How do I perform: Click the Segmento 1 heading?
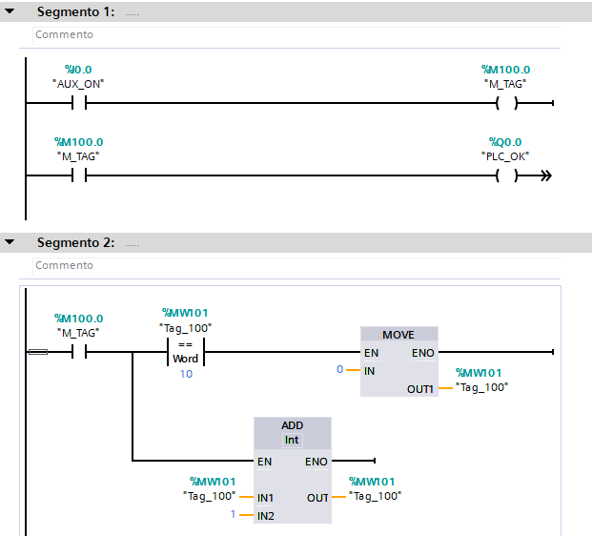coord(75,12)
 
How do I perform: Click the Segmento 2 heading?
coord(75,242)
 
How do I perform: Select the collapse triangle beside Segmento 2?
coord(10,242)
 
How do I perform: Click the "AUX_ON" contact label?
coord(78,84)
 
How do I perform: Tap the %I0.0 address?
coord(78,70)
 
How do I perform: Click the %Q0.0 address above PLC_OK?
coord(505,141)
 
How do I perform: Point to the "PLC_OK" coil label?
coord(505,155)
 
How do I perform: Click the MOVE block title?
coord(398,336)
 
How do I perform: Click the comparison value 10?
coord(186,373)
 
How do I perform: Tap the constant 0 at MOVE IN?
coord(339,369)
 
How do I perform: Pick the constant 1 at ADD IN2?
coord(232,515)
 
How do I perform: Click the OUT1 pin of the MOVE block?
coord(420,388)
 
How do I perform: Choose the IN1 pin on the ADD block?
coord(265,497)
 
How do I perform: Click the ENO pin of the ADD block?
coord(316,462)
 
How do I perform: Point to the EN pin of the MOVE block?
coord(371,352)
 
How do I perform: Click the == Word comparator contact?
coord(186,352)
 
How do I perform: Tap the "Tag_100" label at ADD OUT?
coord(376,496)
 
